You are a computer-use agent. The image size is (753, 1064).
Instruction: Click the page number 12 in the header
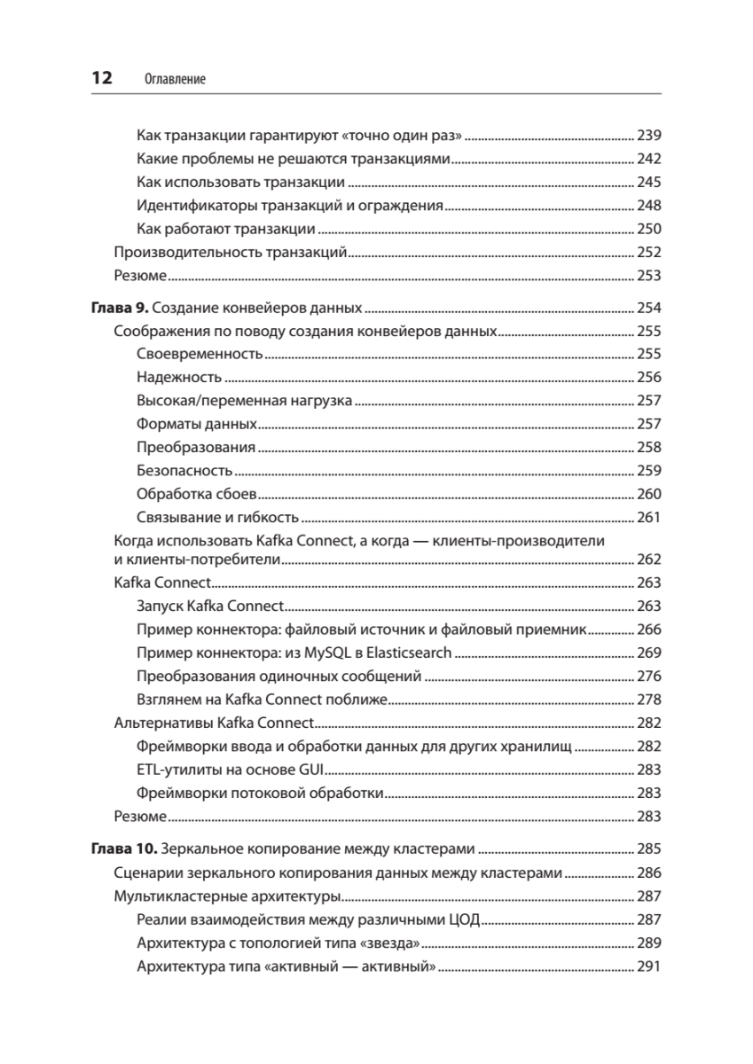pyautogui.click(x=99, y=78)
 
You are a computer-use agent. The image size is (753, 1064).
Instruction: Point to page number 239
pyautogui.click(x=650, y=136)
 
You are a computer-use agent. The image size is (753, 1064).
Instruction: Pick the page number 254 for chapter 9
pyautogui.click(x=650, y=309)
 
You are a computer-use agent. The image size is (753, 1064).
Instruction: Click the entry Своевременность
pyautogui.click(x=200, y=355)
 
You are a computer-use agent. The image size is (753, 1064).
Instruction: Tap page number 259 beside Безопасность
pyautogui.click(x=650, y=471)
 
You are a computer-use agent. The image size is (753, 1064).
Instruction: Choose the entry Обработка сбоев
pyautogui.click(x=197, y=494)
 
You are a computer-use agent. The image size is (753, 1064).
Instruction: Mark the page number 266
pyautogui.click(x=650, y=630)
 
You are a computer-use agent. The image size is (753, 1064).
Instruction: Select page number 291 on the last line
pyautogui.click(x=650, y=966)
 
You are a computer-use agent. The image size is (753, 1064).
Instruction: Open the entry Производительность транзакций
pyautogui.click(x=230, y=251)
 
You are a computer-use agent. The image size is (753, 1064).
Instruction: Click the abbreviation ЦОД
pyautogui.click(x=465, y=920)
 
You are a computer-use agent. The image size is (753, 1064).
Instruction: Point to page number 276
pyautogui.click(x=650, y=676)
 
